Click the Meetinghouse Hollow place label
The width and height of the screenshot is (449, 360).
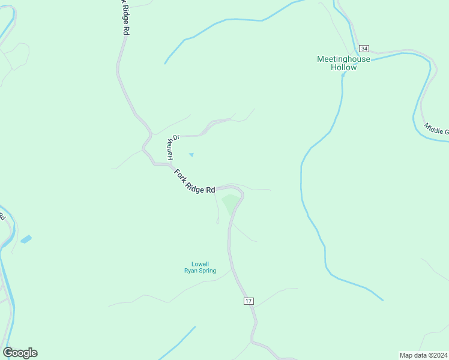(343, 63)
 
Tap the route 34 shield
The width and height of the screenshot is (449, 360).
(364, 48)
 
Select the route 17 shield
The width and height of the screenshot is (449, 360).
(249, 301)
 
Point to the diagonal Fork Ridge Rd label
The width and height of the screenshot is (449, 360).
(194, 181)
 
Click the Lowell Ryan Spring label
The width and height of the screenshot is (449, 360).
(199, 267)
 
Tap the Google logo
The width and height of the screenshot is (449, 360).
(20, 353)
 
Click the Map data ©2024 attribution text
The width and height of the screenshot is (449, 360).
(424, 355)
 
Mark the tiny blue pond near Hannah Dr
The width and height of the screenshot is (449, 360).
(191, 155)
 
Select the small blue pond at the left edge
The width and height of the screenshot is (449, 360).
(26, 239)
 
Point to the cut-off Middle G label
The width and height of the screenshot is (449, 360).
(436, 129)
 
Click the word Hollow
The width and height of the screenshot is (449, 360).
(343, 67)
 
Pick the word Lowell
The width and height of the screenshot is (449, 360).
(199, 263)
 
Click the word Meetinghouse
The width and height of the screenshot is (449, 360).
(343, 59)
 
